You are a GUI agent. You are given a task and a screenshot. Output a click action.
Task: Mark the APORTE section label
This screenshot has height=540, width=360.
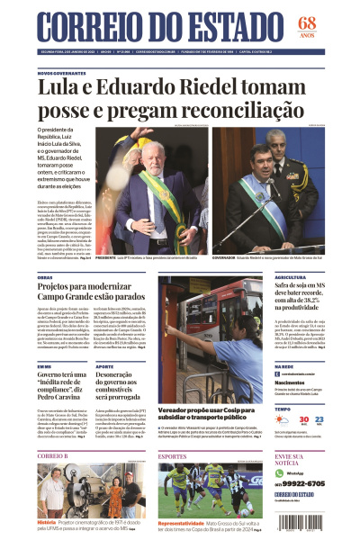point(104,366)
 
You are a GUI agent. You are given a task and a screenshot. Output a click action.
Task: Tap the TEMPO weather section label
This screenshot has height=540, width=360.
point(283,408)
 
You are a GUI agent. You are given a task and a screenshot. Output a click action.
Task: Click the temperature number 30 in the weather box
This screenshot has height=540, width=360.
point(304,420)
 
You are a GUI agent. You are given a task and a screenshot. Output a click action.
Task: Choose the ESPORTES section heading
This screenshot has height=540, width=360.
point(172,456)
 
